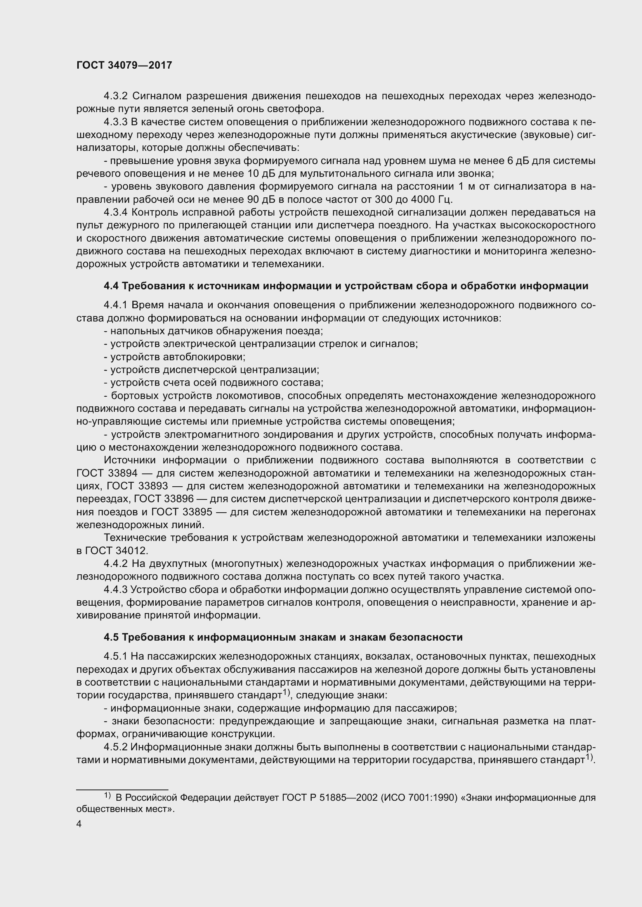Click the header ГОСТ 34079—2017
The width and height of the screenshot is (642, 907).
tap(124, 66)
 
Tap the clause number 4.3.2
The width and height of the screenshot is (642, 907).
tap(115, 96)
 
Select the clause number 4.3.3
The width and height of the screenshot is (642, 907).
tap(115, 122)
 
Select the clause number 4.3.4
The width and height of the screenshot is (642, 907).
tap(115, 212)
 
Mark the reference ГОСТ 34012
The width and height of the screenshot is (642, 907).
tap(115, 551)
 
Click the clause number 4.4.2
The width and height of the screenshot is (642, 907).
tap(115, 564)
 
